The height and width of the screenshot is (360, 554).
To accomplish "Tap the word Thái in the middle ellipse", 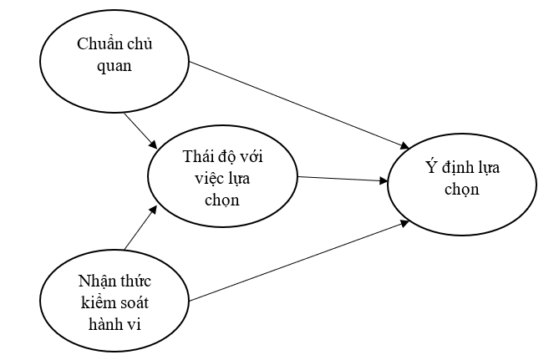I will (196, 156).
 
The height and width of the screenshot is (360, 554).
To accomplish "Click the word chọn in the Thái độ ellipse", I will (221, 199).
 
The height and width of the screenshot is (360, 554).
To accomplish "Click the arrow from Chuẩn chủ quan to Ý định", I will (301, 101).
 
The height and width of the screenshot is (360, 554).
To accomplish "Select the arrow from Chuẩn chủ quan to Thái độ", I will (140, 131).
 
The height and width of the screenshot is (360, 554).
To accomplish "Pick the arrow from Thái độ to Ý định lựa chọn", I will (343, 178).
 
